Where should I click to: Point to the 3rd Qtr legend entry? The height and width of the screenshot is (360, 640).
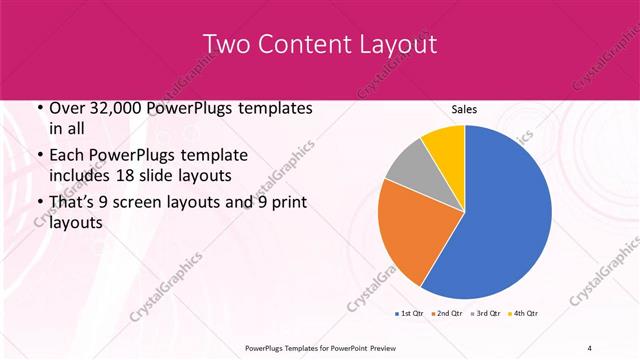tap(485, 314)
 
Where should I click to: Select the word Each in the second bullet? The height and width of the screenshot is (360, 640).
tap(67, 156)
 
